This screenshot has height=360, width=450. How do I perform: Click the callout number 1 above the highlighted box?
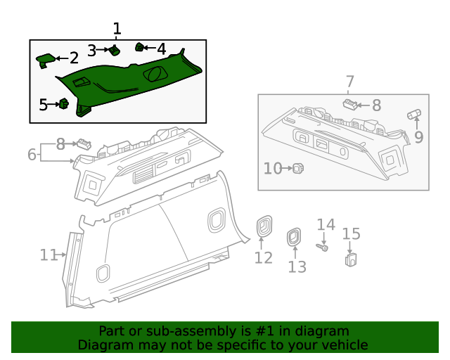(x=117, y=29)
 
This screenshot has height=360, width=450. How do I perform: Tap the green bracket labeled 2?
(x=46, y=59)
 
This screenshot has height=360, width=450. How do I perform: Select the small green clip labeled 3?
(x=114, y=50)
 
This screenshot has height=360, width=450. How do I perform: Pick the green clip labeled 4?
(x=140, y=48)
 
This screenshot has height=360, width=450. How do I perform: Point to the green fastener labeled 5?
(x=63, y=105)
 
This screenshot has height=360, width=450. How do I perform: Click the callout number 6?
(x=32, y=154)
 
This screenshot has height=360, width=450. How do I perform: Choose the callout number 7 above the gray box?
(x=349, y=82)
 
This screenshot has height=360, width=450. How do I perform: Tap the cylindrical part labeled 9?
(x=414, y=114)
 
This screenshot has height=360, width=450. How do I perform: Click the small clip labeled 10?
(x=298, y=168)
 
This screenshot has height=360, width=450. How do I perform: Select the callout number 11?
(x=49, y=255)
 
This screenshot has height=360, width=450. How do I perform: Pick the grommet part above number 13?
(x=293, y=238)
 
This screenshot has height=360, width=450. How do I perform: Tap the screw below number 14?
(x=323, y=247)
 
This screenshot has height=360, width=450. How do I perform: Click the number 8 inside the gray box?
(x=376, y=105)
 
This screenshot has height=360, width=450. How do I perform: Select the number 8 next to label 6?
(x=60, y=144)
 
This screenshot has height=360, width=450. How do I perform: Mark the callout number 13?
(x=297, y=267)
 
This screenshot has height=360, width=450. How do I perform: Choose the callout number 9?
(x=418, y=137)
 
